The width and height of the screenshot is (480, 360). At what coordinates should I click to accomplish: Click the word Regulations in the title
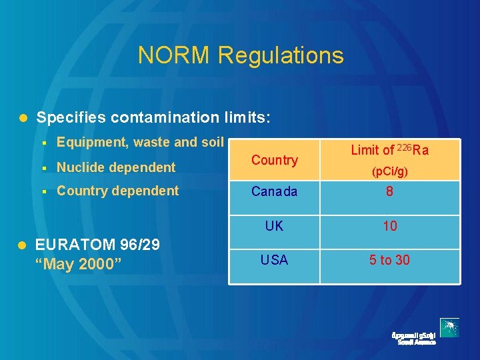click(281, 56)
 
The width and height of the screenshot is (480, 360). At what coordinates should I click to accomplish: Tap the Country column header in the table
click(274, 160)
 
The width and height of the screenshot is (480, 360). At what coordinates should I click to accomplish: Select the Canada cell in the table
click(274, 192)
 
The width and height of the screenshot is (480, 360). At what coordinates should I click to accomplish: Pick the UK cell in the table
click(274, 226)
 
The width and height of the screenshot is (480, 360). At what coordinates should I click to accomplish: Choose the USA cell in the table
click(274, 260)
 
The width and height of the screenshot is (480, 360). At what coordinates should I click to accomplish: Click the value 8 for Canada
click(390, 192)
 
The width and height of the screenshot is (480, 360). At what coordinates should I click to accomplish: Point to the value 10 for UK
click(390, 226)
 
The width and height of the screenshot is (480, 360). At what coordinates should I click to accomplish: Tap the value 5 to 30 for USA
click(390, 260)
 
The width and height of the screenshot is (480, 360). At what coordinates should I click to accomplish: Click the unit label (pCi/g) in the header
click(390, 171)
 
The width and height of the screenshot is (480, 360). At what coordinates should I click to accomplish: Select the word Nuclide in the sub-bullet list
click(79, 167)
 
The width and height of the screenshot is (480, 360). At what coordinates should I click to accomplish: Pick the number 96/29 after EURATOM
click(139, 245)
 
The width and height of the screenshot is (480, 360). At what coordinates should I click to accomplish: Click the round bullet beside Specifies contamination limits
click(22, 118)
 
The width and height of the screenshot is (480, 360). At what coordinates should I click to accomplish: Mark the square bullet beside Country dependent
click(43, 191)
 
